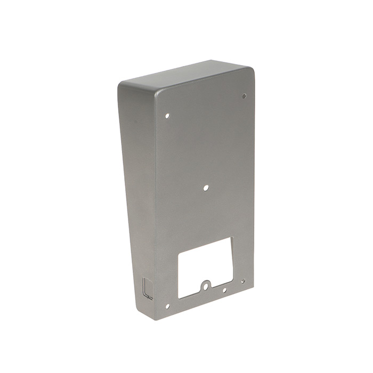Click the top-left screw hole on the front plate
[167, 115]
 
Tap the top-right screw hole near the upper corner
[244, 96]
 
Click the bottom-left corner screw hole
[167, 306]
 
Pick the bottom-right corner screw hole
[243, 281]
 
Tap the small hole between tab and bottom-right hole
[224, 290]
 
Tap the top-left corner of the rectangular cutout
[178, 252]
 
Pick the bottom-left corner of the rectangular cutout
[179, 297]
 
